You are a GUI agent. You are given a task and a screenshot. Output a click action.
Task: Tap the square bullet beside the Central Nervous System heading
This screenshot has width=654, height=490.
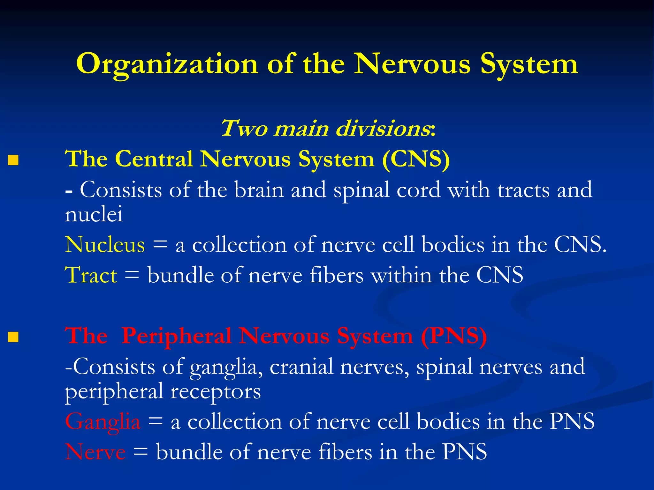pyautogui.click(x=13, y=160)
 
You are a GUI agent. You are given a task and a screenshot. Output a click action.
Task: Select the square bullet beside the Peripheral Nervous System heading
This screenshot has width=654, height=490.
pyautogui.click(x=13, y=337)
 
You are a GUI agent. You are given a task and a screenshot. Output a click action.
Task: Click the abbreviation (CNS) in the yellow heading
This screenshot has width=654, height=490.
pyautogui.click(x=416, y=159)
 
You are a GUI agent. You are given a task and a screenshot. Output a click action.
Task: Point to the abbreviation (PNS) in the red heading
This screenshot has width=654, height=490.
pyautogui.click(x=453, y=336)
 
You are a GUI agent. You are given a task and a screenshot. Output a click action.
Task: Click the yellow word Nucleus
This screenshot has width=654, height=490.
pyautogui.click(x=105, y=245)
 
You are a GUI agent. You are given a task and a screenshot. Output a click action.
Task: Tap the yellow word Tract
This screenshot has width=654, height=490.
pyautogui.click(x=91, y=275)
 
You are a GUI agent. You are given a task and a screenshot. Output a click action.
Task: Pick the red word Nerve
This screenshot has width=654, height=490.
pyautogui.click(x=95, y=452)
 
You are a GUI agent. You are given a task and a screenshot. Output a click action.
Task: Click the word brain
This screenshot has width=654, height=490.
pyautogui.click(x=259, y=190)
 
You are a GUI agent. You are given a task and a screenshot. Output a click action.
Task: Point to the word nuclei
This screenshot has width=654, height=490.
pyautogui.click(x=94, y=214)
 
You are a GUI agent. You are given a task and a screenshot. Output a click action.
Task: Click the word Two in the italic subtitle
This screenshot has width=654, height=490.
pyautogui.click(x=244, y=129)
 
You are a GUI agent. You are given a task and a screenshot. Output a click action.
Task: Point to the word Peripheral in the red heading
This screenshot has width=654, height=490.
pyautogui.click(x=176, y=336)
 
